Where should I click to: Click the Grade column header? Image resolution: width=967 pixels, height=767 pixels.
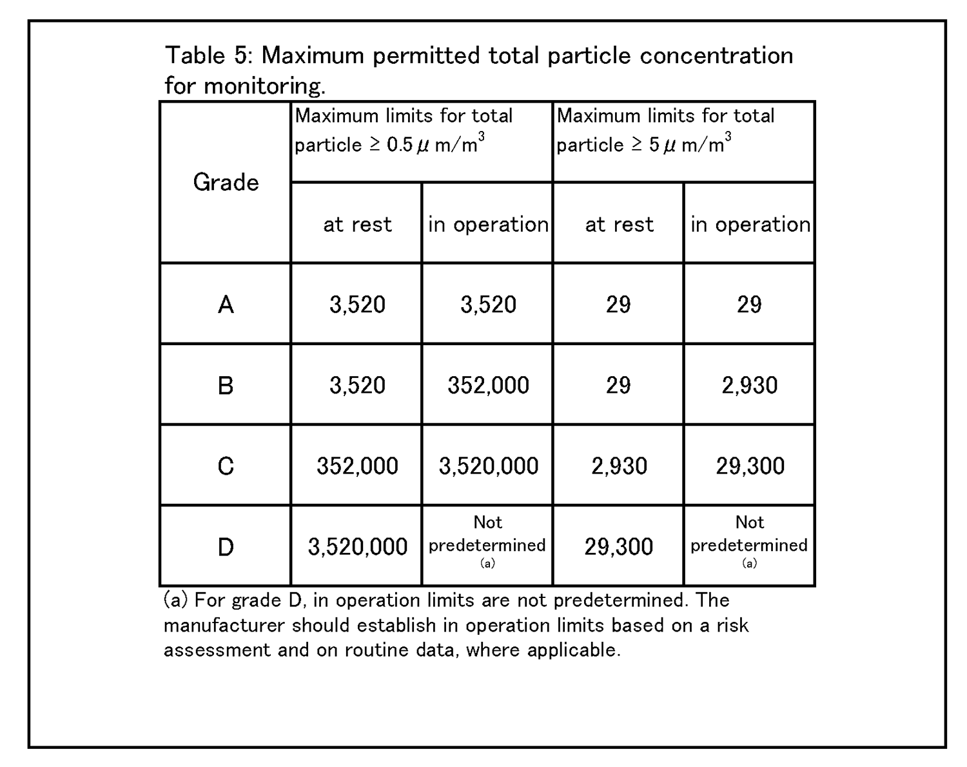[226, 183]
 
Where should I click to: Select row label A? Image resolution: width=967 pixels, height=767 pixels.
[226, 304]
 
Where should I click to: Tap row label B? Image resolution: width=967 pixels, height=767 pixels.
[226, 385]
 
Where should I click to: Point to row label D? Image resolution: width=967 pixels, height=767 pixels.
[226, 547]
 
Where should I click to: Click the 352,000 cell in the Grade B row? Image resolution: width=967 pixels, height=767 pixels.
[488, 385]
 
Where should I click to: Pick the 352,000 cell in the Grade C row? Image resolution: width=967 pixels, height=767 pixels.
[357, 466]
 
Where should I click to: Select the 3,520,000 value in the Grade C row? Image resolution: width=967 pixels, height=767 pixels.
[488, 466]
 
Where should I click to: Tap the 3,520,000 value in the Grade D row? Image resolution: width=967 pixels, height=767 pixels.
[357, 547]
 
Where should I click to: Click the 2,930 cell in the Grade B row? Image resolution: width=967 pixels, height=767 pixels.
[749, 385]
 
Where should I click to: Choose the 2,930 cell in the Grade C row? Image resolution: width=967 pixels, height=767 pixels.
[619, 466]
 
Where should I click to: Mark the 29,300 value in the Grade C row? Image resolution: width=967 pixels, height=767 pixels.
[750, 466]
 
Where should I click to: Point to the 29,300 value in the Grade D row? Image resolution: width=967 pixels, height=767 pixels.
[619, 547]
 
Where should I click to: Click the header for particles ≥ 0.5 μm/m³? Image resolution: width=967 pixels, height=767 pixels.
[404, 130]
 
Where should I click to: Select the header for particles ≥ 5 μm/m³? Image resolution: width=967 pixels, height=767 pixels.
[665, 130]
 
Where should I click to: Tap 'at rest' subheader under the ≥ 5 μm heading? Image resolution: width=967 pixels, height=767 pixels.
[619, 224]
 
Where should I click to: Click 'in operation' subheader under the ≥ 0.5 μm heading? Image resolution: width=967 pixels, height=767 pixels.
[488, 224]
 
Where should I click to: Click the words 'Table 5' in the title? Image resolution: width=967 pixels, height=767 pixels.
[206, 55]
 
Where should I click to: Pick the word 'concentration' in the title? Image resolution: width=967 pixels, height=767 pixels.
[716, 55]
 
